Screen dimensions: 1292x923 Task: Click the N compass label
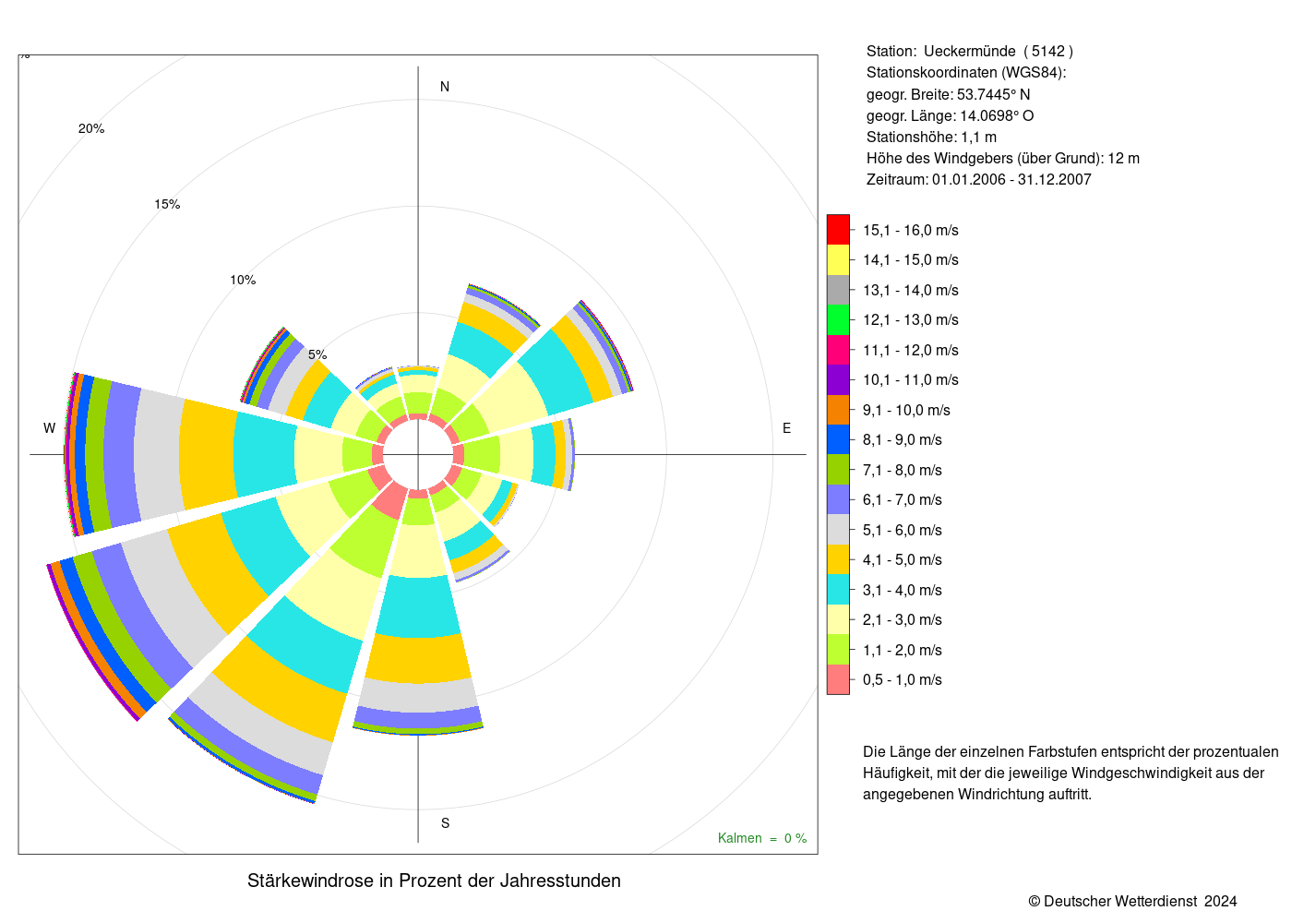pyautogui.click(x=444, y=87)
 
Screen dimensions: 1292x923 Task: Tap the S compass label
pyautogui.click(x=445, y=823)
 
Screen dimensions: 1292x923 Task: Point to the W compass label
pyautogui.click(x=49, y=428)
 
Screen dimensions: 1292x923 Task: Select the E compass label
pyautogui.click(x=786, y=428)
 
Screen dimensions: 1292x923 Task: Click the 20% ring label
pyautogui.click(x=91, y=128)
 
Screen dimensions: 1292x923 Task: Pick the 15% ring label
pyautogui.click(x=167, y=204)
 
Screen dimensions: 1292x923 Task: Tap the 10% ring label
pyautogui.click(x=243, y=280)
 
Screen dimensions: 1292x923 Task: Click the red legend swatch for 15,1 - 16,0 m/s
pyautogui.click(x=838, y=230)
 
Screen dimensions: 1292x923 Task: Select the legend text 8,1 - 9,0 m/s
pyautogui.click(x=903, y=439)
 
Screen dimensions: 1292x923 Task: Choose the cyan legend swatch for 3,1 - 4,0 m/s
pyautogui.click(x=838, y=589)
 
